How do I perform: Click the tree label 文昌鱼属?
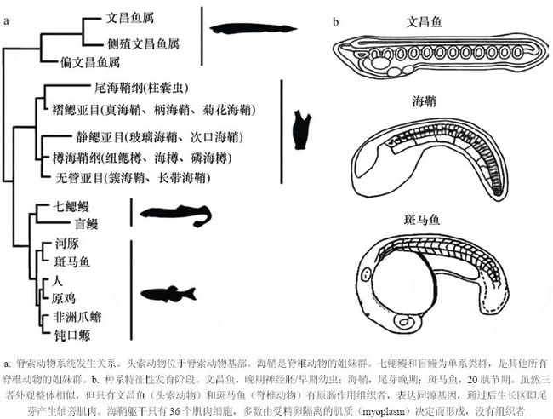(x=130, y=16)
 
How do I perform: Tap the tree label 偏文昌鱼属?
(x=90, y=62)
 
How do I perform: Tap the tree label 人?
(x=58, y=279)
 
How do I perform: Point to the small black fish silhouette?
(x=168, y=295)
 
